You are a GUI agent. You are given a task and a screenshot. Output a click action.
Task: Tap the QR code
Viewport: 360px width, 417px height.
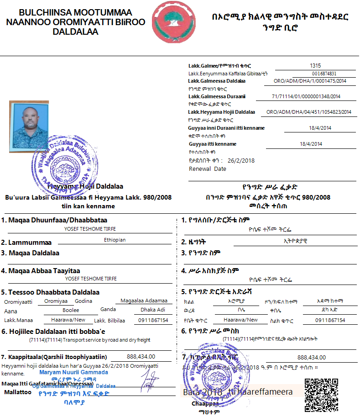(x=321, y=395)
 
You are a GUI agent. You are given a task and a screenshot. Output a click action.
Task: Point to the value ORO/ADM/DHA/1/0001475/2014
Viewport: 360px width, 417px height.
(x=310, y=81)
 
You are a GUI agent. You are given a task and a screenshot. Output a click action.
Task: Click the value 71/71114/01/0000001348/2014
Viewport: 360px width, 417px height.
(x=306, y=96)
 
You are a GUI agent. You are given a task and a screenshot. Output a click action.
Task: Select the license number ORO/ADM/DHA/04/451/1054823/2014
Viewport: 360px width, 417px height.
(x=309, y=112)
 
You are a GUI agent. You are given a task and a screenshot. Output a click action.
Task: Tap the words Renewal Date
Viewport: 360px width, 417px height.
(x=208, y=169)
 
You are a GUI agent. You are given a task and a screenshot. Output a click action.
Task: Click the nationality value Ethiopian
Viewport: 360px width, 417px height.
(x=115, y=240)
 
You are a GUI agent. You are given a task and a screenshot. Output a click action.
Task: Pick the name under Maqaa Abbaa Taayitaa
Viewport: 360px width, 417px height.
(x=90, y=279)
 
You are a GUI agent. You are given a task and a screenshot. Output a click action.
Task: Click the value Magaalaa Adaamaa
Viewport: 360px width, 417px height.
(x=144, y=301)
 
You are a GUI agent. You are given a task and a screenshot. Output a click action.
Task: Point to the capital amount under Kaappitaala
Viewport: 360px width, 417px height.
(x=141, y=357)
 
